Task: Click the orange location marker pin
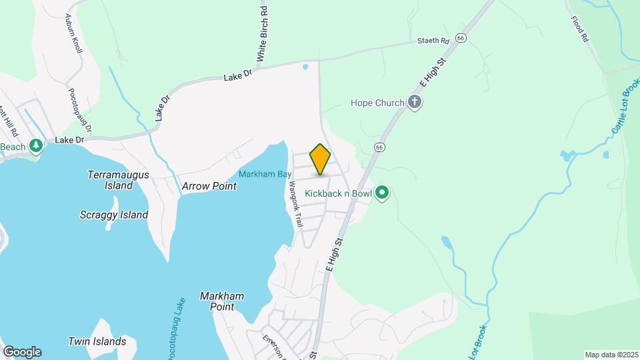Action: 321,159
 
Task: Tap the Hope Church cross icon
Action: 415,103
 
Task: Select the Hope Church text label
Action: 377,103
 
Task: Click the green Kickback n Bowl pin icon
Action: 382,193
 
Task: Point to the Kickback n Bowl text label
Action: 337,193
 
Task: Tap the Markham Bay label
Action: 265,174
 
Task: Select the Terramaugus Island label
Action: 119,180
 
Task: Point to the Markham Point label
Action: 222,301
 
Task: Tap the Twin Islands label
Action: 97,341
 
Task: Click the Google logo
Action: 22,352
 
